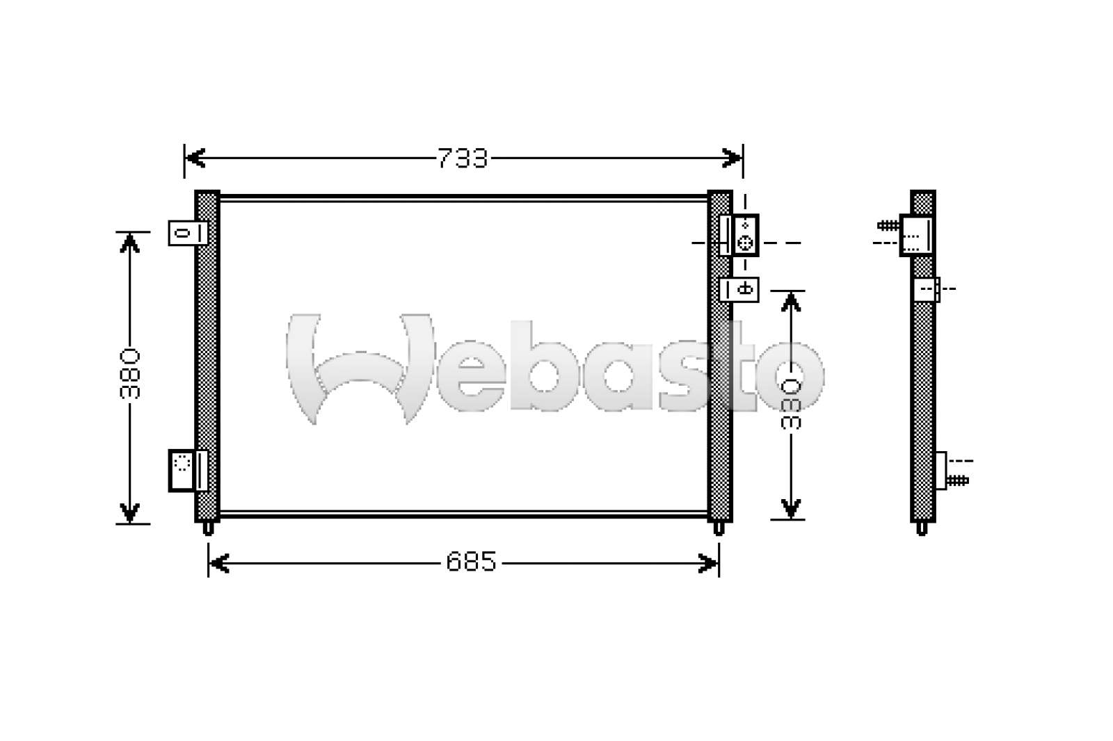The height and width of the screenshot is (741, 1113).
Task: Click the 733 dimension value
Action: tap(463, 158)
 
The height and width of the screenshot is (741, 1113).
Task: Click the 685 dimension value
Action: tap(471, 562)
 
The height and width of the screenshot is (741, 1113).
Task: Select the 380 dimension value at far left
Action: tap(129, 374)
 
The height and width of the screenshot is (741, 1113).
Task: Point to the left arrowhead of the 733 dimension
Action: tap(195, 158)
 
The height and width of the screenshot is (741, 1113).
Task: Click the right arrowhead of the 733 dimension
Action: tap(732, 158)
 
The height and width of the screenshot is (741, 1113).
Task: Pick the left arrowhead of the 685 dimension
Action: tap(218, 564)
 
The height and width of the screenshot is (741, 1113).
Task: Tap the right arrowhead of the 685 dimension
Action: tap(708, 564)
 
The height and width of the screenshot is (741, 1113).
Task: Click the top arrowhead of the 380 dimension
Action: tap(129, 243)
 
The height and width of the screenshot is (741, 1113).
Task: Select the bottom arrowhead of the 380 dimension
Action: tap(129, 513)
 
